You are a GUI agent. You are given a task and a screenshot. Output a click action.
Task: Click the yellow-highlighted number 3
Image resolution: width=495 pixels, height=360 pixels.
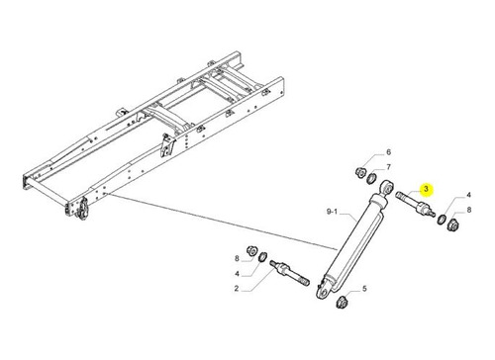[x=426, y=189]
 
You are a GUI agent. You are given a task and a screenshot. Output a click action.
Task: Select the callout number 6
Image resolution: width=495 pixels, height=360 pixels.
[x=388, y=152]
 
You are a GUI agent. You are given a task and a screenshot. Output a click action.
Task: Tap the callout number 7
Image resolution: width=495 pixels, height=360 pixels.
[x=388, y=167]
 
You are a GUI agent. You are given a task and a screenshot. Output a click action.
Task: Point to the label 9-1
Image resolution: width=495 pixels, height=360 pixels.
[x=332, y=212]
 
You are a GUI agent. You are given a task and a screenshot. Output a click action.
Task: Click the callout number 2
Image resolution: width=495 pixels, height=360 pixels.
[x=237, y=289]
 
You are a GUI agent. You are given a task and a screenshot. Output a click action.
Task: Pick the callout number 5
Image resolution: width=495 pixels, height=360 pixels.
[x=364, y=289]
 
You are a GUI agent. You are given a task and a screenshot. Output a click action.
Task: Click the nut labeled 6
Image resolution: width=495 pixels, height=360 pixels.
[x=360, y=172]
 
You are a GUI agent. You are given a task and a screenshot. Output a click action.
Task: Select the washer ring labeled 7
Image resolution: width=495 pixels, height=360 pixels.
[x=371, y=178]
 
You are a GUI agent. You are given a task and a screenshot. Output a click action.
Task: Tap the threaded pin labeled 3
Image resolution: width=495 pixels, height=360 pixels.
[x=415, y=205]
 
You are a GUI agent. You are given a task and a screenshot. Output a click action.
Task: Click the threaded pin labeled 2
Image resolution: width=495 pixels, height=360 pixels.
[x=289, y=273]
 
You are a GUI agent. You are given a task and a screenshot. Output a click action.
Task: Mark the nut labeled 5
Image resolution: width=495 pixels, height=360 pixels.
[x=342, y=302]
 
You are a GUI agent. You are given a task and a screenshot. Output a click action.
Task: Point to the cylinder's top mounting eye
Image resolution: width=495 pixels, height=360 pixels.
[x=386, y=189]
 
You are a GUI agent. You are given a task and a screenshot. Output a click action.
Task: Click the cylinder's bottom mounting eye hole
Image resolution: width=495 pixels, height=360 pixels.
[x=324, y=294]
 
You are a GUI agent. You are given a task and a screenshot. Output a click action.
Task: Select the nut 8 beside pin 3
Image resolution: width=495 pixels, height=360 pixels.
[x=452, y=225]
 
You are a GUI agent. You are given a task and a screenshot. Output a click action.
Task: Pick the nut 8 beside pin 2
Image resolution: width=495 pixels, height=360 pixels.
[x=251, y=251]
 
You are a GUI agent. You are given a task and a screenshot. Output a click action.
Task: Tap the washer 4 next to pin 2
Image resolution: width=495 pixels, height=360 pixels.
[x=262, y=256]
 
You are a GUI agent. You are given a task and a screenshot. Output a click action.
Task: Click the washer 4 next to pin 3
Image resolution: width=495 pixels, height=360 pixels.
[x=442, y=220]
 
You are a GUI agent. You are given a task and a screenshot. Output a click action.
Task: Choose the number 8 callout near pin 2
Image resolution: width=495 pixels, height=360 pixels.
[x=237, y=259]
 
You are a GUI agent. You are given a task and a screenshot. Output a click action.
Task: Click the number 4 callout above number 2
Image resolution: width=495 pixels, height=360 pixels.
[x=237, y=274]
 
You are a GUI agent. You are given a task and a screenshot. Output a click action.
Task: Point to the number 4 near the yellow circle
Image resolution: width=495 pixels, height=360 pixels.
[x=468, y=195]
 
